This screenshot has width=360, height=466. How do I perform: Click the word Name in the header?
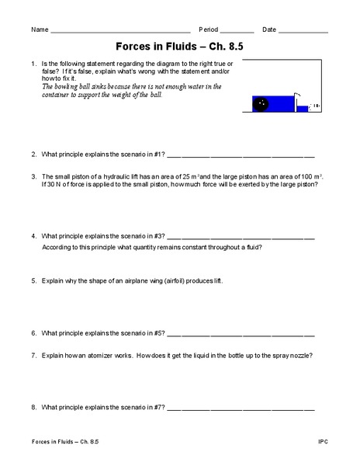[39, 30]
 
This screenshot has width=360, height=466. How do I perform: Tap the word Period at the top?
[209, 30]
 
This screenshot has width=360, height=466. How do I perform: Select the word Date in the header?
[269, 30]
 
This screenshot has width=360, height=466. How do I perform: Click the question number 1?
[34, 63]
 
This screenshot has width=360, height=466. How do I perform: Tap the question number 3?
[34, 176]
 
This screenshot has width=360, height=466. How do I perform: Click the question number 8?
[34, 406]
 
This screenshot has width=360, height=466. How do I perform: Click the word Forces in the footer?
[42, 441]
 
